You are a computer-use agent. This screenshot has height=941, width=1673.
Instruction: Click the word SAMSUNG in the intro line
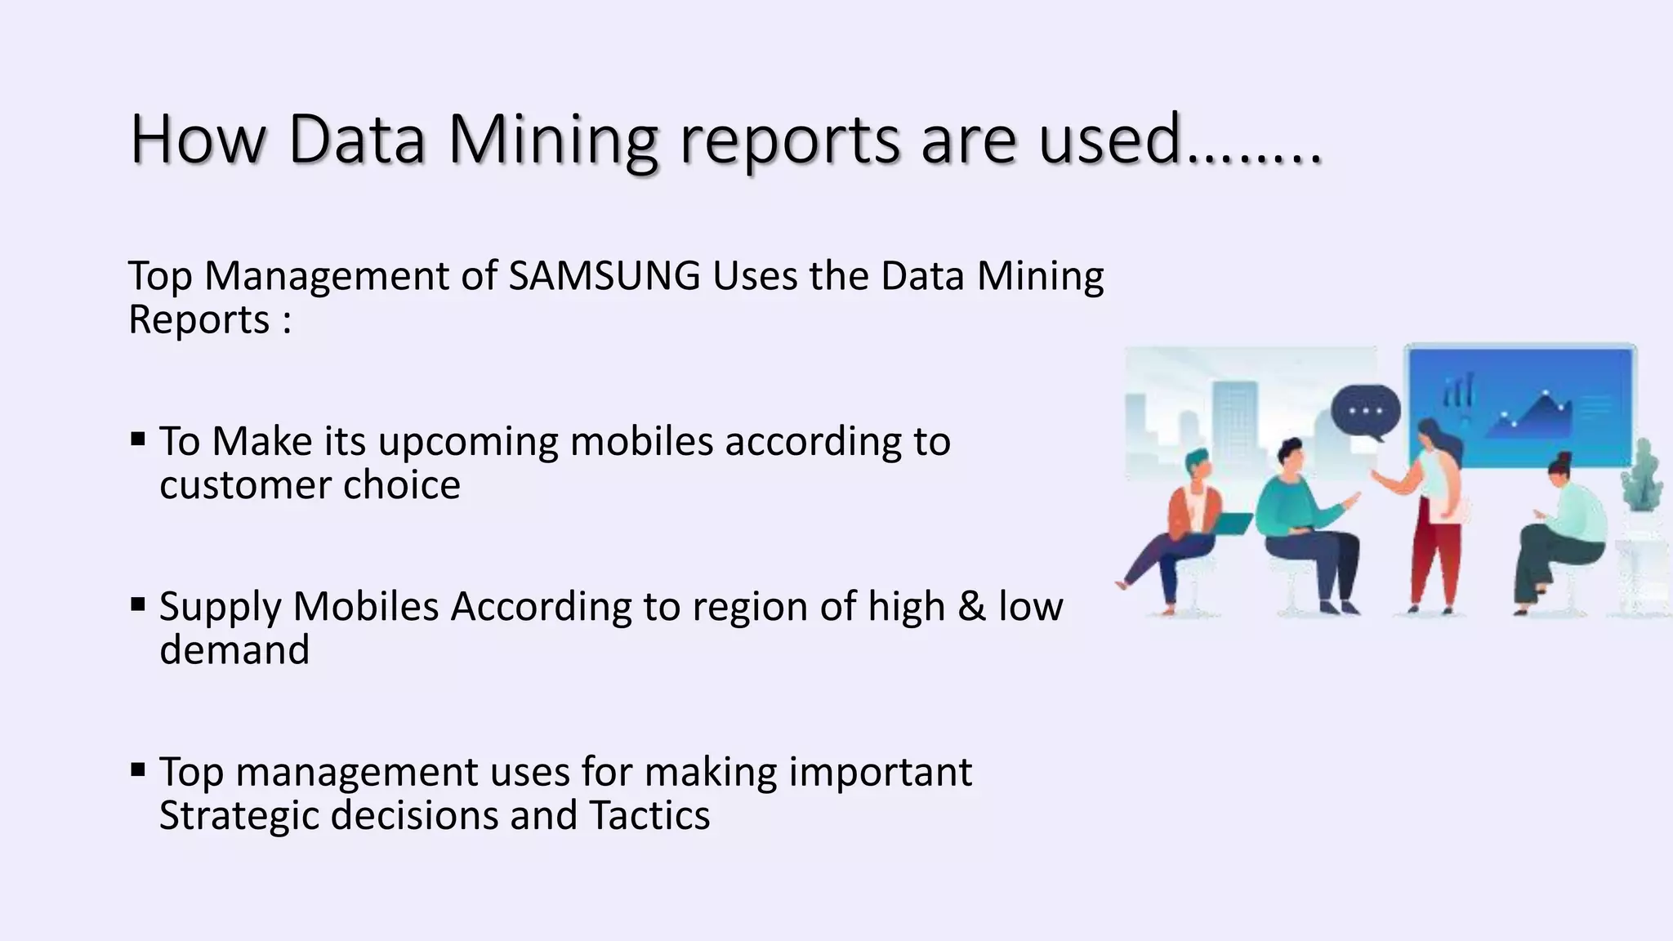tap(604, 276)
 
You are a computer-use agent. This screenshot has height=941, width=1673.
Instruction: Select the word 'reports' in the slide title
tap(789, 140)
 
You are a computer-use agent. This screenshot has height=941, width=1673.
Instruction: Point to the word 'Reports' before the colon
tap(199, 319)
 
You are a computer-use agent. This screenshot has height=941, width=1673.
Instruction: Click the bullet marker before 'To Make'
tap(137, 440)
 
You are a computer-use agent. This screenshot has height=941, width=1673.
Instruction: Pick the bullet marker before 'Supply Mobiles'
tap(137, 605)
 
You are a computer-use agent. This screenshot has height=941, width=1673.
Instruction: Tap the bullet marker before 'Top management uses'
tap(137, 769)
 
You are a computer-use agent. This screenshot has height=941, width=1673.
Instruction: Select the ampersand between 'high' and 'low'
tap(971, 607)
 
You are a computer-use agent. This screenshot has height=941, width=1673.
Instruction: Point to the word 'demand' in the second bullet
tap(234, 650)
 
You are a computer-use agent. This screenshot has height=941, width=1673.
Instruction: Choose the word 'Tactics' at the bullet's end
tap(649, 815)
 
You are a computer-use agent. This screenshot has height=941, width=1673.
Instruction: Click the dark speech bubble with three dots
tap(1365, 411)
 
